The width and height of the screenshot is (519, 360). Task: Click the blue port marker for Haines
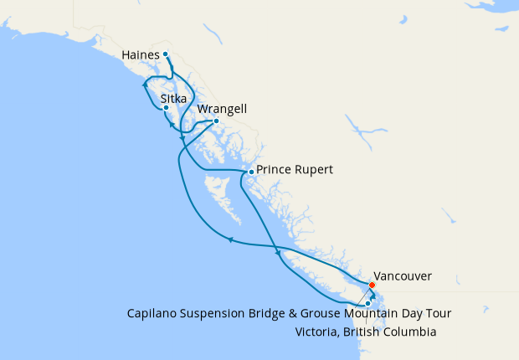pyautogui.click(x=166, y=54)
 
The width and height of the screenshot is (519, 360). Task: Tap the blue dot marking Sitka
pyautogui.click(x=167, y=108)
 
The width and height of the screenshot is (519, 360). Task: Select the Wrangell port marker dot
pyautogui.click(x=216, y=121)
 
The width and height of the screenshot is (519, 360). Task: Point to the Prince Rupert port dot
pyautogui.click(x=250, y=172)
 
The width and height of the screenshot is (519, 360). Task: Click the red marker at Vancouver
pyautogui.click(x=372, y=285)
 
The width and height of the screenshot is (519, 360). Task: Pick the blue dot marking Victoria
pyautogui.click(x=367, y=303)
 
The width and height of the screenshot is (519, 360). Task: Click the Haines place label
pyautogui.click(x=141, y=55)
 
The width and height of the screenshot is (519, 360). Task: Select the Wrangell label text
pyautogui.click(x=223, y=109)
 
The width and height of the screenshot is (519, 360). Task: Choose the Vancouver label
pyautogui.click(x=403, y=275)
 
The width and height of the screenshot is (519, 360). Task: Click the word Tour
pyautogui.click(x=439, y=314)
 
